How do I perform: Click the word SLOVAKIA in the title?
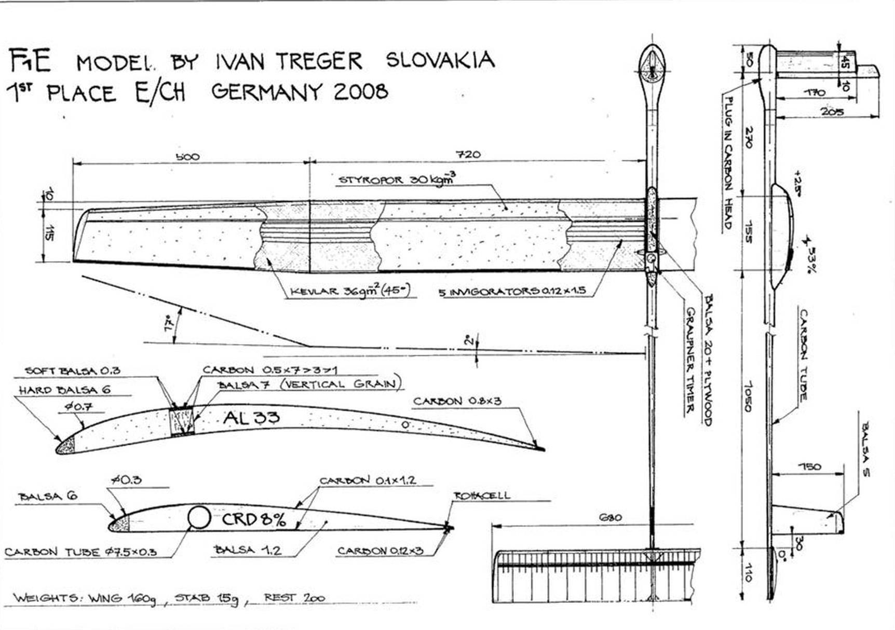(440, 60)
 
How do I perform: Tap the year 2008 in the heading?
(360, 92)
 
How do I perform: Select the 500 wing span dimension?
(187, 156)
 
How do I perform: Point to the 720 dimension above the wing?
(468, 154)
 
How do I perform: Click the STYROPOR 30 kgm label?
(397, 179)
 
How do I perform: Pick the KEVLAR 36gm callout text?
(350, 291)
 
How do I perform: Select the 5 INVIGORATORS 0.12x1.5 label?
(512, 292)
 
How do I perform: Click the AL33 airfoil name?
(251, 417)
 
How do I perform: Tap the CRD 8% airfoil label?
(253, 519)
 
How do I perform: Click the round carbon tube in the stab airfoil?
(198, 517)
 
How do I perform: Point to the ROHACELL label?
(482, 496)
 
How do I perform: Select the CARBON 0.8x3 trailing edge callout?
(457, 401)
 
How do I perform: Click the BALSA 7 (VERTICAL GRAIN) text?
(309, 385)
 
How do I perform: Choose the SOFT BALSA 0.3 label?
(73, 371)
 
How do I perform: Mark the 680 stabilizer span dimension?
(610, 517)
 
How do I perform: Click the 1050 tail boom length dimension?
(748, 397)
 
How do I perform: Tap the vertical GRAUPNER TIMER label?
(690, 360)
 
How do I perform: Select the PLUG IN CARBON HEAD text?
(728, 163)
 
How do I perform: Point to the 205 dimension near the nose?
(832, 112)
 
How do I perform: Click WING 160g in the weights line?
(121, 598)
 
